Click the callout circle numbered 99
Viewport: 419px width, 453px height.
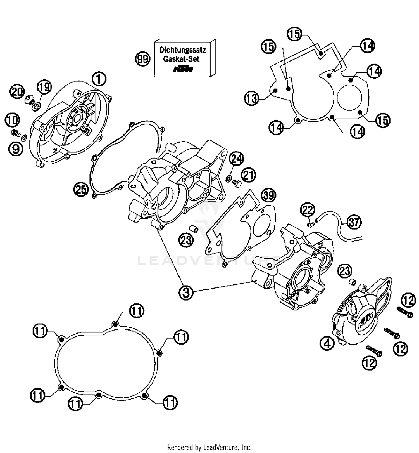click(x=143, y=59)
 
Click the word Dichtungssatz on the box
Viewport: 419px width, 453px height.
click(x=183, y=50)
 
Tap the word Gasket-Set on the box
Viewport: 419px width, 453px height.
click(x=181, y=59)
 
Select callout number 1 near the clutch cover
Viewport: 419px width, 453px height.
click(x=99, y=79)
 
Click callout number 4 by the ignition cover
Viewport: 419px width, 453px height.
click(x=327, y=343)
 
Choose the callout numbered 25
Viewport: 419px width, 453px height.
click(x=81, y=190)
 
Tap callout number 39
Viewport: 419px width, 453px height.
click(x=268, y=195)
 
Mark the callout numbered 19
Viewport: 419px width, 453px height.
click(x=45, y=87)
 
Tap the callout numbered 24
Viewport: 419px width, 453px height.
click(x=236, y=159)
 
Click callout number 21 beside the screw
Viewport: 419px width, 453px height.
click(x=248, y=175)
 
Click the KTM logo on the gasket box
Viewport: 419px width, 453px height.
click(x=183, y=69)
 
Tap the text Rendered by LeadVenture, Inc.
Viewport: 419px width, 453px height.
click(x=209, y=447)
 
